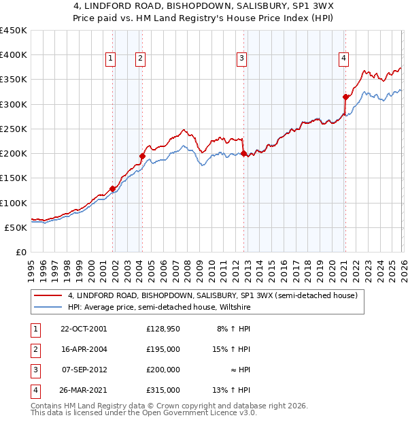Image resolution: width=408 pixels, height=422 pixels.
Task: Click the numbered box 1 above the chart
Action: coord(111,59)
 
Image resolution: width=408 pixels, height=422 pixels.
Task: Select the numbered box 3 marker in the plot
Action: coord(241,59)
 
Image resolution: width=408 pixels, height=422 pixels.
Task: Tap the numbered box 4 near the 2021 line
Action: coord(344,59)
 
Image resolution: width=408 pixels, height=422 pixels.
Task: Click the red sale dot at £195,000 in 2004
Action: coord(142,156)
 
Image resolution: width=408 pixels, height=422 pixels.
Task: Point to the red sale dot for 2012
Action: coord(243,154)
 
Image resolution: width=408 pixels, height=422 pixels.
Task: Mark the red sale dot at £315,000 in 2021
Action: coord(345,97)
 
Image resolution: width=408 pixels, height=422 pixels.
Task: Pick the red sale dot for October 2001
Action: coord(113,189)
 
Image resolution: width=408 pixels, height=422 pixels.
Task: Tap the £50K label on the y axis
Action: coord(16,227)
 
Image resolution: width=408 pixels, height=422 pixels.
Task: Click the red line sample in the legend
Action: coord(48,295)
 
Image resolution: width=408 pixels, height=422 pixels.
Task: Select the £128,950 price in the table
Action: coord(163,329)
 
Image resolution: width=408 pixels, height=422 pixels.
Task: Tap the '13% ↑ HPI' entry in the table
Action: coord(232,390)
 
